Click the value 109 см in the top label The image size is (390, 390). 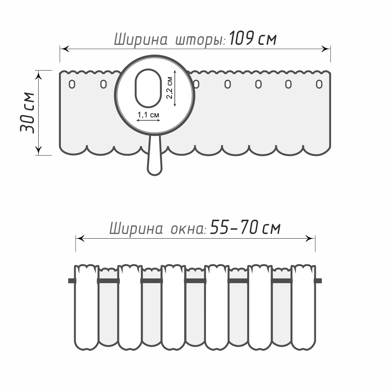[x=253, y=39]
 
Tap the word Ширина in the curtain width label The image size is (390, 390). [x=140, y=40]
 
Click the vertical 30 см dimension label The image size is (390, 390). [x=27, y=113]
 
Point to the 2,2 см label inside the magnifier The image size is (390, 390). [x=169, y=88]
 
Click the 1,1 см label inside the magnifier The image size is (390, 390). [x=148, y=115]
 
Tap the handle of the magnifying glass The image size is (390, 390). [x=155, y=155]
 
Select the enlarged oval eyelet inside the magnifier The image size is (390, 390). [x=148, y=88]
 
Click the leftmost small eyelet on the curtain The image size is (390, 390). [x=72, y=84]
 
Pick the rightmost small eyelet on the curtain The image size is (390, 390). [x=319, y=84]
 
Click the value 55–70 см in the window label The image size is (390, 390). [x=245, y=227]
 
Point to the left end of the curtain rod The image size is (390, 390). [x=68, y=281]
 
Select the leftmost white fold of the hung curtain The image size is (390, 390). [x=86, y=308]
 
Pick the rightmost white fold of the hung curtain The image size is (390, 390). [x=303, y=308]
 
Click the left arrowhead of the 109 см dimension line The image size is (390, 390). [x=64, y=49]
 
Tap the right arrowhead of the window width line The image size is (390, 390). [x=310, y=239]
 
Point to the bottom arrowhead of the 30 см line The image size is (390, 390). [x=38, y=151]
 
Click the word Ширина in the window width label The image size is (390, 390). [x=136, y=228]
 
